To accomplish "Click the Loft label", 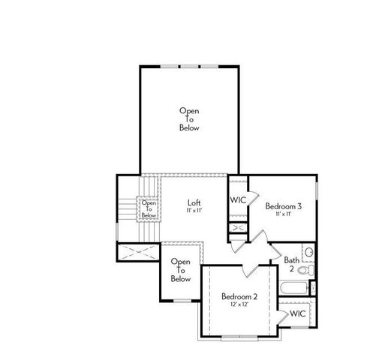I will pyautogui.click(x=194, y=202).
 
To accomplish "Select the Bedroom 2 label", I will pyautogui.click(x=239, y=296).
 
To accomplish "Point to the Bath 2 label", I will pyautogui.click(x=292, y=264).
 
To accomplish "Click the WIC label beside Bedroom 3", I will pyautogui.click(x=238, y=200).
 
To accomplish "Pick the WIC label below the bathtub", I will pyautogui.click(x=297, y=313).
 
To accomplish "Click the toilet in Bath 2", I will pyautogui.click(x=309, y=253).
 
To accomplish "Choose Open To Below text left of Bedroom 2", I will pyautogui.click(x=180, y=271).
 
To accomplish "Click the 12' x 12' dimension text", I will pyautogui.click(x=239, y=305).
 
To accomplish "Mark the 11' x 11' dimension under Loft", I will pyautogui.click(x=194, y=211).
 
